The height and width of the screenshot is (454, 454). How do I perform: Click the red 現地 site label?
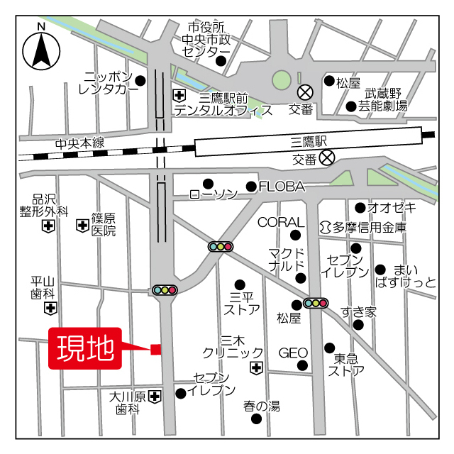(84, 348)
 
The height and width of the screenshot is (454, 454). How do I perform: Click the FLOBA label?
(282, 187)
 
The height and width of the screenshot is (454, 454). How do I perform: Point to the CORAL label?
(280, 222)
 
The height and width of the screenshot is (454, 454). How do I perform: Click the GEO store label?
(292, 353)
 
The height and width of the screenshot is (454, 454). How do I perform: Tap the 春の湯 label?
(262, 406)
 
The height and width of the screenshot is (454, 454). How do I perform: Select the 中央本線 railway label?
(80, 143)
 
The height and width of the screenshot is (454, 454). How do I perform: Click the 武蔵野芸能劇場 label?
(383, 99)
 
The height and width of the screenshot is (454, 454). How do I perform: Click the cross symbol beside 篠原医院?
(82, 226)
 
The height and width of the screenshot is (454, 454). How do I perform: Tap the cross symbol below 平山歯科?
(49, 308)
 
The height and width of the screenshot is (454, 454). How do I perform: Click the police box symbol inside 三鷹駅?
(326, 157)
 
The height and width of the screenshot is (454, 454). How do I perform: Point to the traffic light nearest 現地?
(165, 289)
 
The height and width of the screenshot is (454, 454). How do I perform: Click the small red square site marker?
(156, 348)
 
